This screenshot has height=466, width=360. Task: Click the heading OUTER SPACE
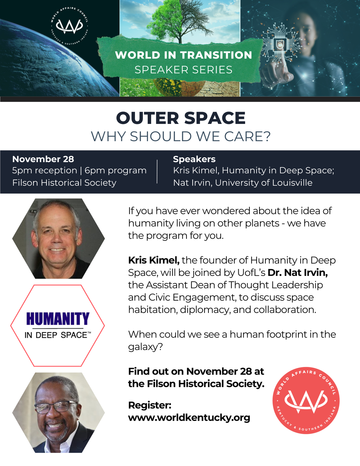pyautogui.click(x=181, y=118)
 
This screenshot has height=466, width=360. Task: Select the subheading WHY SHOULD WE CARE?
pyautogui.click(x=181, y=136)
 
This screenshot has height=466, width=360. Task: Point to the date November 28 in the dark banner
pyautogui.click(x=43, y=159)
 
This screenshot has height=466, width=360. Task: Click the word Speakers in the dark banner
pyautogui.click(x=194, y=159)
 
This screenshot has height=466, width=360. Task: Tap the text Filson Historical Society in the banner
pyautogui.click(x=64, y=183)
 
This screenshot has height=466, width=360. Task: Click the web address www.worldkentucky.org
pyautogui.click(x=189, y=418)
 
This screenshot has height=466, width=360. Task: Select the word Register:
pyautogui.click(x=150, y=405)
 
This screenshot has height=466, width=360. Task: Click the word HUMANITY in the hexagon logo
pyautogui.click(x=58, y=319)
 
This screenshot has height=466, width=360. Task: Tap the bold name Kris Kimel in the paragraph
pyautogui.click(x=154, y=260)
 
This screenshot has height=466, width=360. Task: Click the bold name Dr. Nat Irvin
pyautogui.click(x=298, y=273)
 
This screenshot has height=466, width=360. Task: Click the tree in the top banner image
pyautogui.click(x=179, y=22)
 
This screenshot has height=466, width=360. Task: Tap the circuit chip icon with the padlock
pyautogui.click(x=280, y=45)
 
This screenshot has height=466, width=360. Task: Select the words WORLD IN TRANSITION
pyautogui.click(x=184, y=55)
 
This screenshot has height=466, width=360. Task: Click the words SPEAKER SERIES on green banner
pyautogui.click(x=184, y=70)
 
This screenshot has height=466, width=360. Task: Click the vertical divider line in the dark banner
pyautogui.click(x=157, y=171)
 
